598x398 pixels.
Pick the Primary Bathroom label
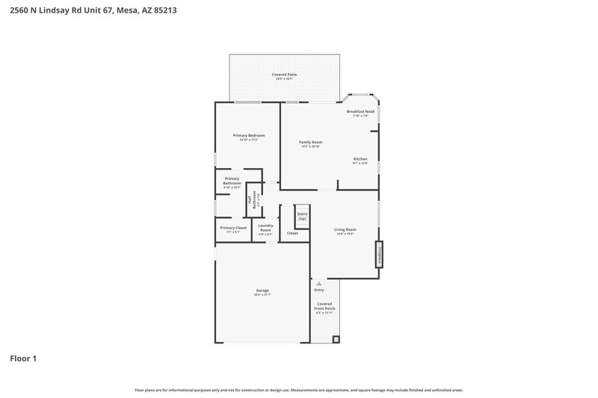pos(232,182)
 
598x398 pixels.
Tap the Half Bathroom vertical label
pos(255,201)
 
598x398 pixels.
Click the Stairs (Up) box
pos(302,217)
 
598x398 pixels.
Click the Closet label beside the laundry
pos(292,233)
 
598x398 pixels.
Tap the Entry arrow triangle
pos(319,284)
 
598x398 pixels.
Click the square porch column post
pos(336,339)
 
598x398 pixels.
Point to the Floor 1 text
pos(23,359)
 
